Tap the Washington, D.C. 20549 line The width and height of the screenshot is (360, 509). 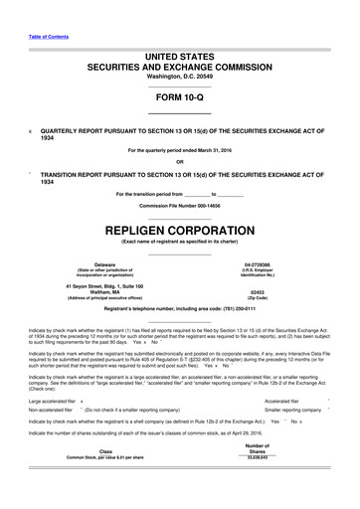(x=180, y=77)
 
